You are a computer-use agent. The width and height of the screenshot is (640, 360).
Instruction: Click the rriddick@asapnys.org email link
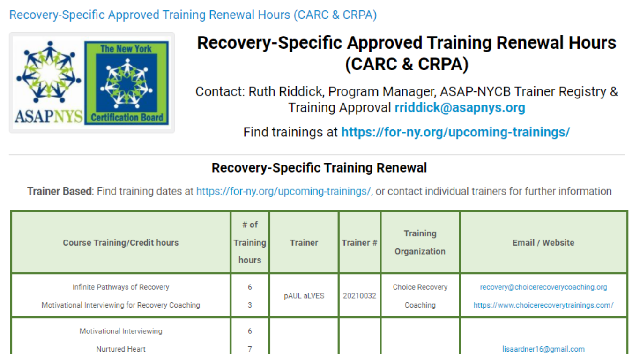point(460,108)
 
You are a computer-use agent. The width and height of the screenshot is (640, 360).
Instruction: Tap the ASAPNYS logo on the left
point(49,82)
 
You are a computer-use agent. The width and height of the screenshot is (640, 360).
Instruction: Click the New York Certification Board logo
point(127,82)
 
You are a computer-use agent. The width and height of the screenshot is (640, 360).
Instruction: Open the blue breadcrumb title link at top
point(193,15)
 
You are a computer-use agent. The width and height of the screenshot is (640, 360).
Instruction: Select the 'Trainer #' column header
point(359,242)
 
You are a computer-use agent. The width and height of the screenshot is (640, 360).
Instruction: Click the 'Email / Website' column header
point(543,242)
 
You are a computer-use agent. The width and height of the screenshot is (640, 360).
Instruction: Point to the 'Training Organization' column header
point(420,242)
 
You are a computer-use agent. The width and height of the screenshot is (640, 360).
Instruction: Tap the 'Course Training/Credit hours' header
point(120,242)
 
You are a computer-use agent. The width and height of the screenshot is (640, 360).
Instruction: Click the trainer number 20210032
point(359,296)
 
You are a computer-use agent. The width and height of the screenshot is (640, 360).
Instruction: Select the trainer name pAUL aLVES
point(304,296)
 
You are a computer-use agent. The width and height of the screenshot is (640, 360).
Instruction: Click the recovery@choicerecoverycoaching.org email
point(543,287)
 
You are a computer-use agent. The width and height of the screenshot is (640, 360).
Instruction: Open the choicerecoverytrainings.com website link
point(543,305)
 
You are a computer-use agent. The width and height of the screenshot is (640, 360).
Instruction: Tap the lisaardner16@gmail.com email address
point(543,349)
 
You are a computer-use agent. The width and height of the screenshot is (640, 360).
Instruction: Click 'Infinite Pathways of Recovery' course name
point(120,287)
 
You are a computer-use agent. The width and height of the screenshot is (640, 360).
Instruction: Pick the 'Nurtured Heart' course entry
point(120,349)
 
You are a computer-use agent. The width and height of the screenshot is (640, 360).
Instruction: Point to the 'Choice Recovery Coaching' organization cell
point(420,296)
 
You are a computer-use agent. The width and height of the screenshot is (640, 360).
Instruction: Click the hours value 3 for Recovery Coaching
point(250,305)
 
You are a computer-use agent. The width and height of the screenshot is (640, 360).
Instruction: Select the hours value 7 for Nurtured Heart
point(250,349)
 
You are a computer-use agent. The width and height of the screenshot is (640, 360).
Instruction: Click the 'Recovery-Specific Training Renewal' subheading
point(319,168)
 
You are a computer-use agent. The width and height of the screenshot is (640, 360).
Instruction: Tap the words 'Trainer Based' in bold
point(59,191)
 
